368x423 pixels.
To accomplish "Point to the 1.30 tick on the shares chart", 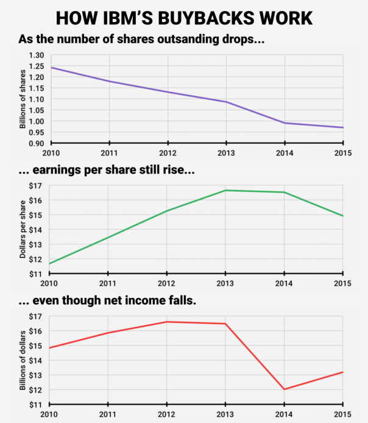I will point(37,55).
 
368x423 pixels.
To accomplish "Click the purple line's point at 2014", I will point(285,123).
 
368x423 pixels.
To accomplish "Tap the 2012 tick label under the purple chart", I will point(166,152).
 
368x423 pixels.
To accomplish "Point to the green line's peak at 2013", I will point(225,190).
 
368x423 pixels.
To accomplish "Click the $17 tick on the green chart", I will point(35,186).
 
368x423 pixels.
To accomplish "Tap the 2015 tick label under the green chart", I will point(342,283).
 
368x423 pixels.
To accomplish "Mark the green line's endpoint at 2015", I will point(343,216).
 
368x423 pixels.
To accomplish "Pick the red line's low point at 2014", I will point(285,389).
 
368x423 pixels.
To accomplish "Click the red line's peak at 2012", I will point(166,322).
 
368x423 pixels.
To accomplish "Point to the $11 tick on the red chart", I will point(35,404).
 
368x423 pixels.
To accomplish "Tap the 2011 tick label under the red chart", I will point(108,413).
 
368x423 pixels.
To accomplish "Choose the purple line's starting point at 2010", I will point(49,67).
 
